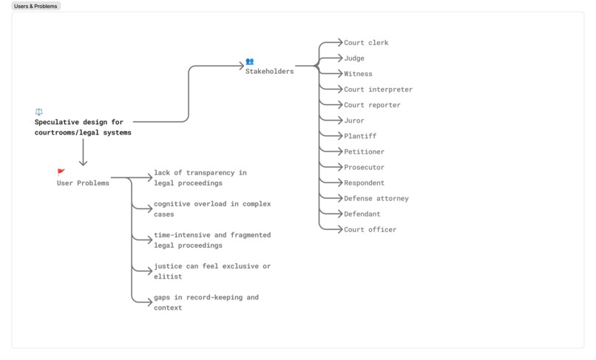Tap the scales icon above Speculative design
[39, 112]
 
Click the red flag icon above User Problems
[61, 172]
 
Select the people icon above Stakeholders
[250, 61]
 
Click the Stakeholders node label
[269, 72]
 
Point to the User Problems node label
[83, 183]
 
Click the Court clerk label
[366, 43]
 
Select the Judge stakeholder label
[354, 58]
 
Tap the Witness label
[358, 74]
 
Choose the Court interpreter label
[378, 89]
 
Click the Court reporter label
[372, 105]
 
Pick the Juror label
[354, 120]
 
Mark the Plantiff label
[360, 136]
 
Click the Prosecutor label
[364, 167]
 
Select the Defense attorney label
[376, 198]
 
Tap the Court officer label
[370, 229]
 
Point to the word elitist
[168, 276]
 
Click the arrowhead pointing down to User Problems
[83, 163]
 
